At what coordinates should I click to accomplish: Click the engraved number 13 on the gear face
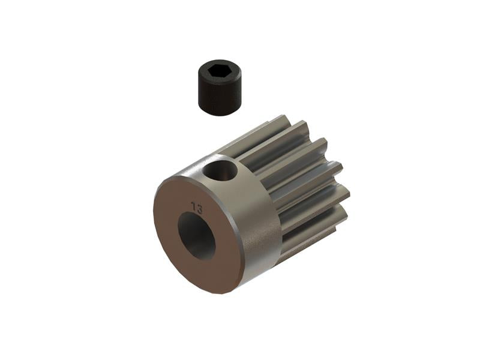coord(196,207)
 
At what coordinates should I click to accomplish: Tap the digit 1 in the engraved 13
coord(193,206)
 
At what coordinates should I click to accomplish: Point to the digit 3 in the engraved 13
coord(199,208)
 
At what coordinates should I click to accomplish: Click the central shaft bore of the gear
coord(196,236)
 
